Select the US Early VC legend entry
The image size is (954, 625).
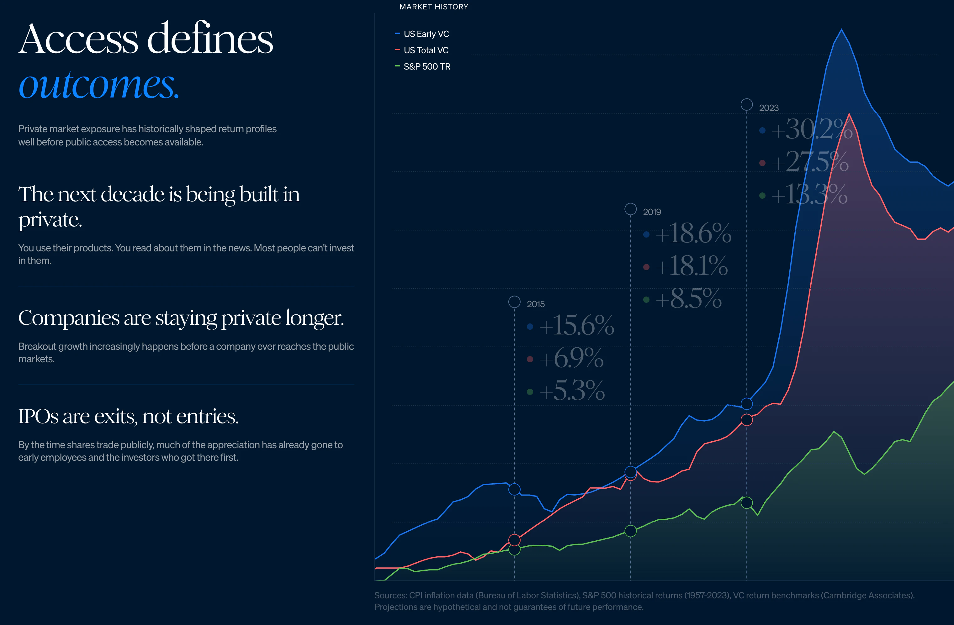pyautogui.click(x=426, y=34)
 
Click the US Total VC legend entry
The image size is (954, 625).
pyautogui.click(x=426, y=50)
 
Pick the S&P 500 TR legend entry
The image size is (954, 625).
pyautogui.click(x=427, y=66)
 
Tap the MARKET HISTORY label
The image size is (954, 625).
pyautogui.click(x=434, y=7)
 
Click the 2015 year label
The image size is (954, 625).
pyautogui.click(x=536, y=304)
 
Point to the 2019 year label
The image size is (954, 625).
pyautogui.click(x=652, y=212)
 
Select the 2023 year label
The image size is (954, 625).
pyautogui.click(x=768, y=108)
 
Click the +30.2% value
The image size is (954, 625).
pyautogui.click(x=811, y=130)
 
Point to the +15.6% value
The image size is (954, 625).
pyautogui.click(x=576, y=325)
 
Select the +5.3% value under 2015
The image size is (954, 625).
pyautogui.click(x=572, y=391)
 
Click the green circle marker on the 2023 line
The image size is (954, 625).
pyautogui.click(x=746, y=502)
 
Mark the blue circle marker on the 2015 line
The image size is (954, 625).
pyautogui.click(x=514, y=489)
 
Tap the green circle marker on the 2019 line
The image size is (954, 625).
pyautogui.click(x=631, y=531)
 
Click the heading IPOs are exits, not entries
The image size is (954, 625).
pyautogui.click(x=128, y=416)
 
